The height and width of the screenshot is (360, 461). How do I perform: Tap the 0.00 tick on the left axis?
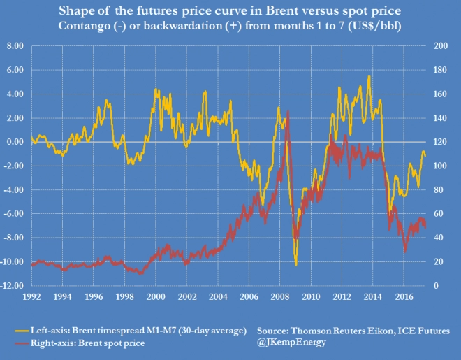pyautogui.click(x=15, y=142)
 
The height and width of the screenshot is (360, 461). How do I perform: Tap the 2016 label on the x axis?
pyautogui.click(x=403, y=296)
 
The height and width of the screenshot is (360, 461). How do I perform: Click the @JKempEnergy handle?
pyautogui.click(x=291, y=341)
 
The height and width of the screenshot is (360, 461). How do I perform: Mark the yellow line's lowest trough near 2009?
pyautogui.click(x=296, y=265)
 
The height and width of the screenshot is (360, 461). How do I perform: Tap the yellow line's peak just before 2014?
pyautogui.click(x=368, y=76)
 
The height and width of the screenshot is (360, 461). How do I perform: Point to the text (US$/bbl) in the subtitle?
pyautogui.click(x=371, y=27)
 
